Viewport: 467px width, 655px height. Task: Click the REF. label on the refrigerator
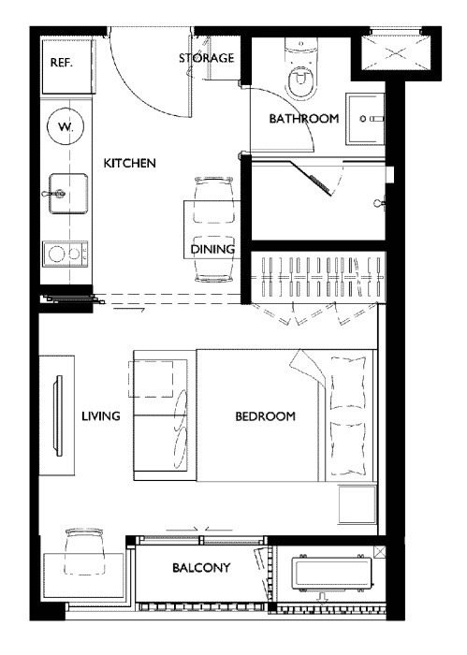(62, 63)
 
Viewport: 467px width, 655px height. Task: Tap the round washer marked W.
(66, 126)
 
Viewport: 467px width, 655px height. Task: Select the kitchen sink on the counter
(68, 194)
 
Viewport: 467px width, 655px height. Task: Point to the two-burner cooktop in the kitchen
(66, 254)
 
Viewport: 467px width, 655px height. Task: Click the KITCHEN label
(129, 163)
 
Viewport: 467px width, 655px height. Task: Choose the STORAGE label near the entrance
(206, 58)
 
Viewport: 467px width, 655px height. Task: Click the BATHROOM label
(303, 119)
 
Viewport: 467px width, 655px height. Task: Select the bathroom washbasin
(365, 119)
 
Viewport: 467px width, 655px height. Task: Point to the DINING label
(212, 249)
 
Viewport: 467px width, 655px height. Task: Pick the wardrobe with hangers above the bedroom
(318, 277)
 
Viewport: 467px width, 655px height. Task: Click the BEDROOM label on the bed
(265, 416)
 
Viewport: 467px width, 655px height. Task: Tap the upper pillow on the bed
(348, 382)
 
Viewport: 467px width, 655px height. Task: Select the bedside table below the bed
(358, 504)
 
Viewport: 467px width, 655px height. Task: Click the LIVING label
(101, 416)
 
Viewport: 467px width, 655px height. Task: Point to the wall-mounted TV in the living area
(58, 415)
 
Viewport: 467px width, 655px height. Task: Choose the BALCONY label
(201, 568)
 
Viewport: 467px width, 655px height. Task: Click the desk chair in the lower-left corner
(84, 551)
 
